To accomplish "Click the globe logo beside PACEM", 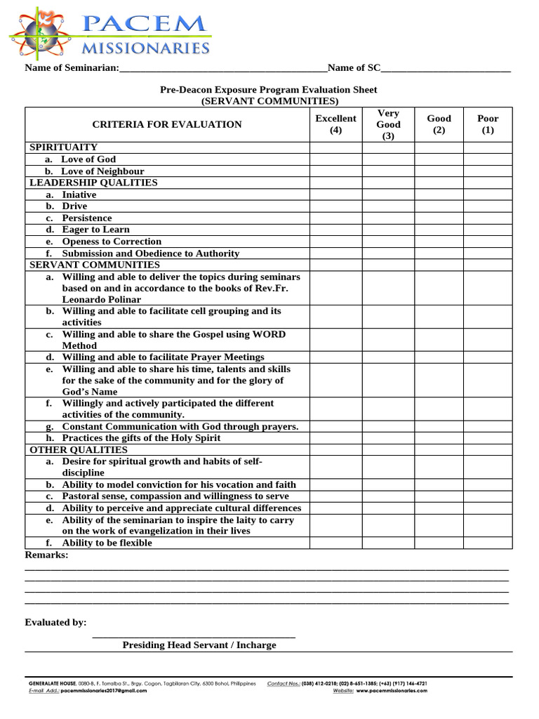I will click(x=39, y=33).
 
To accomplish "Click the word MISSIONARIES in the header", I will click(x=146, y=48).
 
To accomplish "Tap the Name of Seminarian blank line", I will click(x=222, y=69).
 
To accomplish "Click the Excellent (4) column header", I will click(x=335, y=124).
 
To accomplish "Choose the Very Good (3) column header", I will click(x=388, y=124).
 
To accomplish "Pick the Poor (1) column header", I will click(x=488, y=124).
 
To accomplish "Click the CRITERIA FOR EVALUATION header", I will click(x=167, y=124).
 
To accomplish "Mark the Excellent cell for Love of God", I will click(x=335, y=159).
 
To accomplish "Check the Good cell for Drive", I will click(x=439, y=206).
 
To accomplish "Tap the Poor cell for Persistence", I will click(x=488, y=218).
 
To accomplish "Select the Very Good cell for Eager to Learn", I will click(x=388, y=230).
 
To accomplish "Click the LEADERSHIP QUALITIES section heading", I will click(x=93, y=183).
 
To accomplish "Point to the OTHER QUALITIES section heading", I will click(x=79, y=449).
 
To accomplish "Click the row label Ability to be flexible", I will click(x=107, y=543).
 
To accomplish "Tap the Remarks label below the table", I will click(x=46, y=555).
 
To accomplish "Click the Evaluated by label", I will click(x=55, y=622).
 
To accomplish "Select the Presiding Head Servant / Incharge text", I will click(x=199, y=645).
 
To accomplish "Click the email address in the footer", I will click(x=104, y=691).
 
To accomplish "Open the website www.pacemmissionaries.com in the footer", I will click(x=387, y=691).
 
